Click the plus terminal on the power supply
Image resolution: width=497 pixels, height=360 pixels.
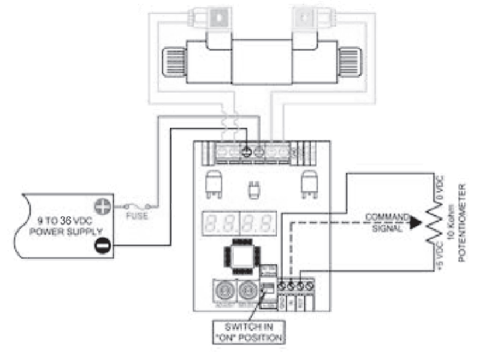pyautogui.click(x=102, y=206)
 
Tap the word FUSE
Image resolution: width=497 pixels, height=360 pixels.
pyautogui.click(x=137, y=216)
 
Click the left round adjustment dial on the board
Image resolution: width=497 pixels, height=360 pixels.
pyautogui.click(x=223, y=288)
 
